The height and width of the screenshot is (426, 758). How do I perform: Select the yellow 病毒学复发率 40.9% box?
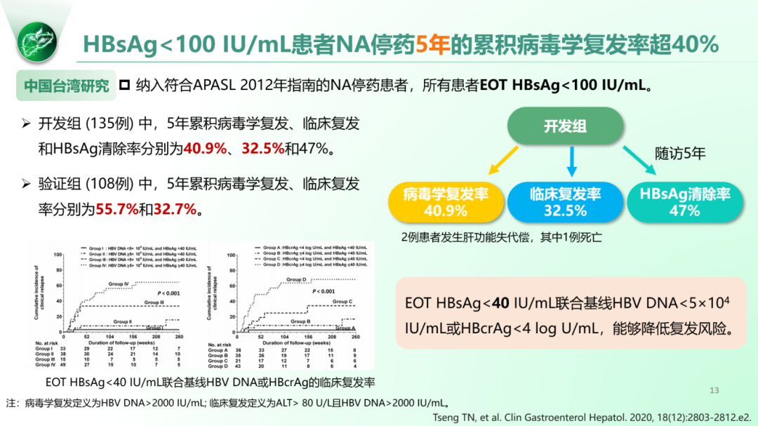[x=446, y=202]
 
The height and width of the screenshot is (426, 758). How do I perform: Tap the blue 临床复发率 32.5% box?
[x=565, y=202]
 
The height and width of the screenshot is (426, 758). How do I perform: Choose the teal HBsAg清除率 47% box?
[x=684, y=202]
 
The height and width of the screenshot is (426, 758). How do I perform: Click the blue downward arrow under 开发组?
[x=571, y=162]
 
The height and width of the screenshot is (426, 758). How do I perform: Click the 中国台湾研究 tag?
[x=67, y=86]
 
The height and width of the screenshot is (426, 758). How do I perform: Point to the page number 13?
[x=714, y=391]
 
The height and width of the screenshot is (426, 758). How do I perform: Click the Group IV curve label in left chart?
[x=119, y=284]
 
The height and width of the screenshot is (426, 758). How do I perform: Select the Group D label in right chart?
[x=296, y=279]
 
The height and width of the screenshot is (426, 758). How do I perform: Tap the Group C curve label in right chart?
[x=342, y=301]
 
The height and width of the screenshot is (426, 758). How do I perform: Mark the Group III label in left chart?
[x=154, y=302]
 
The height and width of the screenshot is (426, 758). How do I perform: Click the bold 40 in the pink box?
[x=500, y=303]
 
